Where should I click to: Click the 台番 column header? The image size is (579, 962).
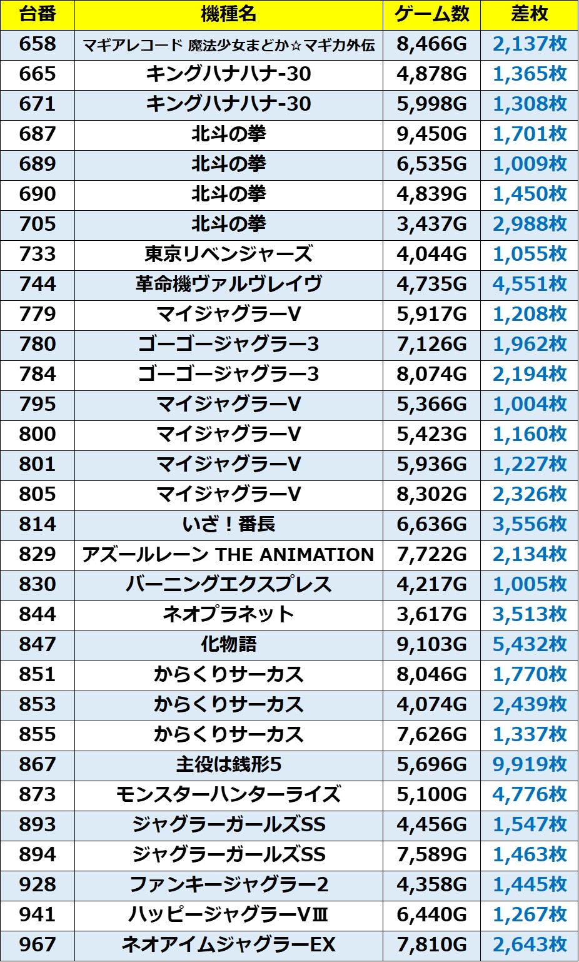pyautogui.click(x=38, y=14)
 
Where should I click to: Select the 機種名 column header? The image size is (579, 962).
pyautogui.click(x=228, y=14)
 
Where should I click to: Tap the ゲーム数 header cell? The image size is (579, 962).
pyautogui.click(x=431, y=14)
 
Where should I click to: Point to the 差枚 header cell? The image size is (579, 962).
pyautogui.click(x=529, y=14)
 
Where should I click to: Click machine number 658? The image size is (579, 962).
pyautogui.click(x=38, y=44)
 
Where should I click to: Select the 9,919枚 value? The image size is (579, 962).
pyautogui.click(x=529, y=764)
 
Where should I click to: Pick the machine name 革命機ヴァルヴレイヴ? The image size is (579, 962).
pyautogui.click(x=228, y=285)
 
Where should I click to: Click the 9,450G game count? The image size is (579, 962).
pyautogui.click(x=431, y=134)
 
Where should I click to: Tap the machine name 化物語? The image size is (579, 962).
pyautogui.click(x=228, y=644)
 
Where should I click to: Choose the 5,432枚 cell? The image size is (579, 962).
pyautogui.click(x=529, y=644)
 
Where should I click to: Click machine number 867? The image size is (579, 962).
pyautogui.click(x=38, y=764)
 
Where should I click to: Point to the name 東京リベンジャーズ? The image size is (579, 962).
pyautogui.click(x=228, y=255)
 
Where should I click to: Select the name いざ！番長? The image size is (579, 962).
pyautogui.click(x=228, y=524)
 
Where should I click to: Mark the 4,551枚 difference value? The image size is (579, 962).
pyautogui.click(x=529, y=285)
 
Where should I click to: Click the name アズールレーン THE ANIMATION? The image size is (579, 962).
pyautogui.click(x=228, y=554)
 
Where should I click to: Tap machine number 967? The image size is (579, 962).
pyautogui.click(x=38, y=944)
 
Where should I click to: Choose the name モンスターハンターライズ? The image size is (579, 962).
pyautogui.click(x=228, y=794)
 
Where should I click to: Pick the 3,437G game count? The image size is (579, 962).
pyautogui.click(x=431, y=225)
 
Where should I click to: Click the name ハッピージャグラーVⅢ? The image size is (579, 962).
pyautogui.click(x=228, y=914)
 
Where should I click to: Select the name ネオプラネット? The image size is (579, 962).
pyautogui.click(x=228, y=614)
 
